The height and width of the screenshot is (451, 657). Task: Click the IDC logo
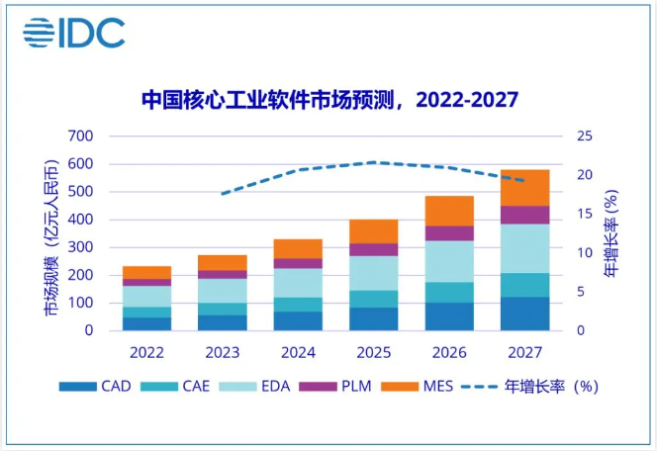74,32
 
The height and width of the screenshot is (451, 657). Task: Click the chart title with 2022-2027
329,100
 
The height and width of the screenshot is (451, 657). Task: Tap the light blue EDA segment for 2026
449,261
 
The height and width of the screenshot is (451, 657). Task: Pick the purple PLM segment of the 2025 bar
373,249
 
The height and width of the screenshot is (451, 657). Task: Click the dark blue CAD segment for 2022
147,323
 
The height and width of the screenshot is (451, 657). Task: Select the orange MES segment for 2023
223,262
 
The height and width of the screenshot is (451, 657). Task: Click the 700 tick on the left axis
80,136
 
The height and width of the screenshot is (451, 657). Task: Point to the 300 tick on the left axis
80,247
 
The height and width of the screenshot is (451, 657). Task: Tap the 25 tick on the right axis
584,136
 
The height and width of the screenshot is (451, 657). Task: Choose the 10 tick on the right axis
584,253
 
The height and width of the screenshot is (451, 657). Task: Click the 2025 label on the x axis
373,351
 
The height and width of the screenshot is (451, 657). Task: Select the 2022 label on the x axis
147,351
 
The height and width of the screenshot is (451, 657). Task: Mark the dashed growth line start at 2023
223,194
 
